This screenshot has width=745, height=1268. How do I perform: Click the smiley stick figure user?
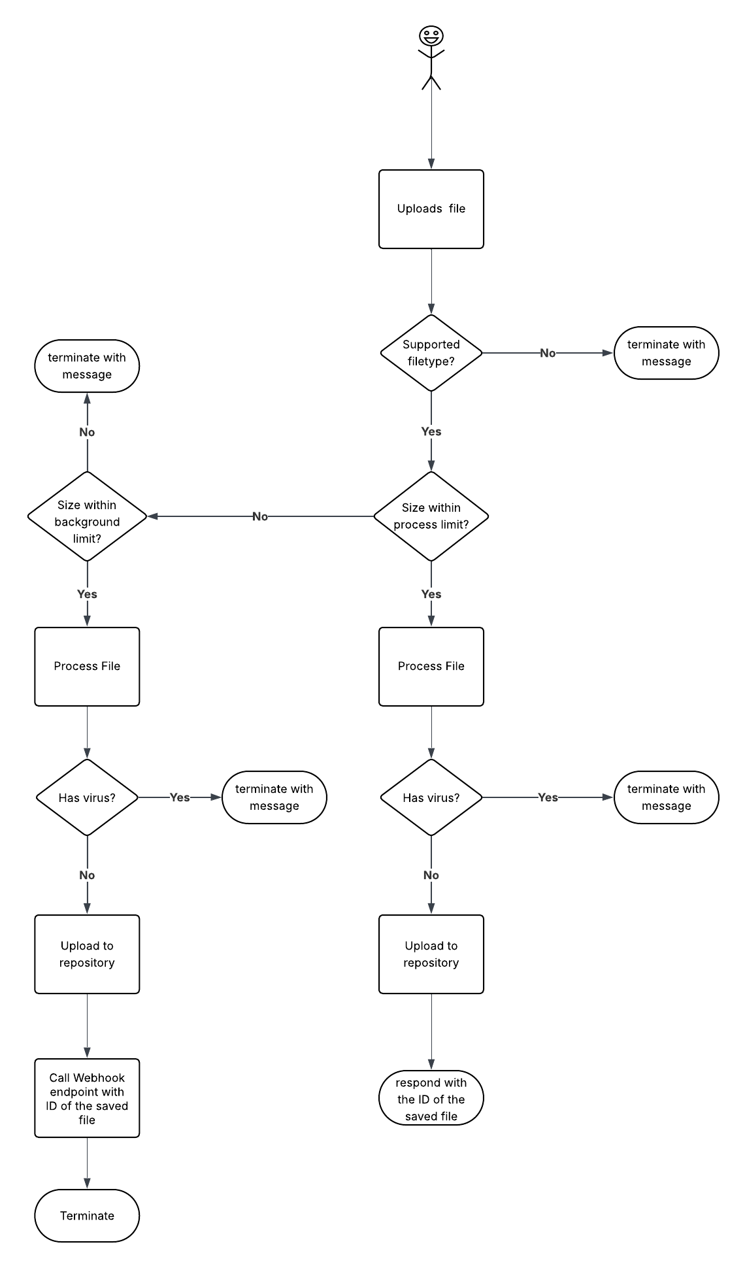pos(431,57)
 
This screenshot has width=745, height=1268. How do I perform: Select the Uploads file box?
pos(431,209)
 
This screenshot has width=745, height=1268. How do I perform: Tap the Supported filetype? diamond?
pos(431,353)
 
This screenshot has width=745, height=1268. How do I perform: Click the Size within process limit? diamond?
pos(431,516)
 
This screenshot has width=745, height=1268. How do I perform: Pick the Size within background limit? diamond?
pos(87,516)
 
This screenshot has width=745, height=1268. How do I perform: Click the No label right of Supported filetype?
pos(548,353)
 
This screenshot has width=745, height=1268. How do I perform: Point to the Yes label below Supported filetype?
pos(431,431)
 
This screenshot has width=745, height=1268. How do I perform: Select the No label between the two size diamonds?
pos(260,516)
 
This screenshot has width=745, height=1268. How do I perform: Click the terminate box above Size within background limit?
pos(87,366)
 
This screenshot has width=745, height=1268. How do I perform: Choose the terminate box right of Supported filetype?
pos(666,353)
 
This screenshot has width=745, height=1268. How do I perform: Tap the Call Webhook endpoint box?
pos(87,1098)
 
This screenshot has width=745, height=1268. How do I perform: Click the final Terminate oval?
pos(87,1216)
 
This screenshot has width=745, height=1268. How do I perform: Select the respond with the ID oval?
pos(431,1098)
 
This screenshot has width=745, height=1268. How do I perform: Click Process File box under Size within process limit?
pos(431,667)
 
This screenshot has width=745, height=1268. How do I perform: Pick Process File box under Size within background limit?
pos(87,667)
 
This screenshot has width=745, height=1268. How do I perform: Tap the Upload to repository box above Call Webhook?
pos(87,954)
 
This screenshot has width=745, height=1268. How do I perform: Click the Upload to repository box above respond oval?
pos(431,954)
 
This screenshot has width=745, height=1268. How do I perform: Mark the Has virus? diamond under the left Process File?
pos(87,797)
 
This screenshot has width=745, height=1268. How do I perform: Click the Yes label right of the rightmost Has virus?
pos(548,797)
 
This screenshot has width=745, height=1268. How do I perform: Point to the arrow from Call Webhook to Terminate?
pos(87,1163)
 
